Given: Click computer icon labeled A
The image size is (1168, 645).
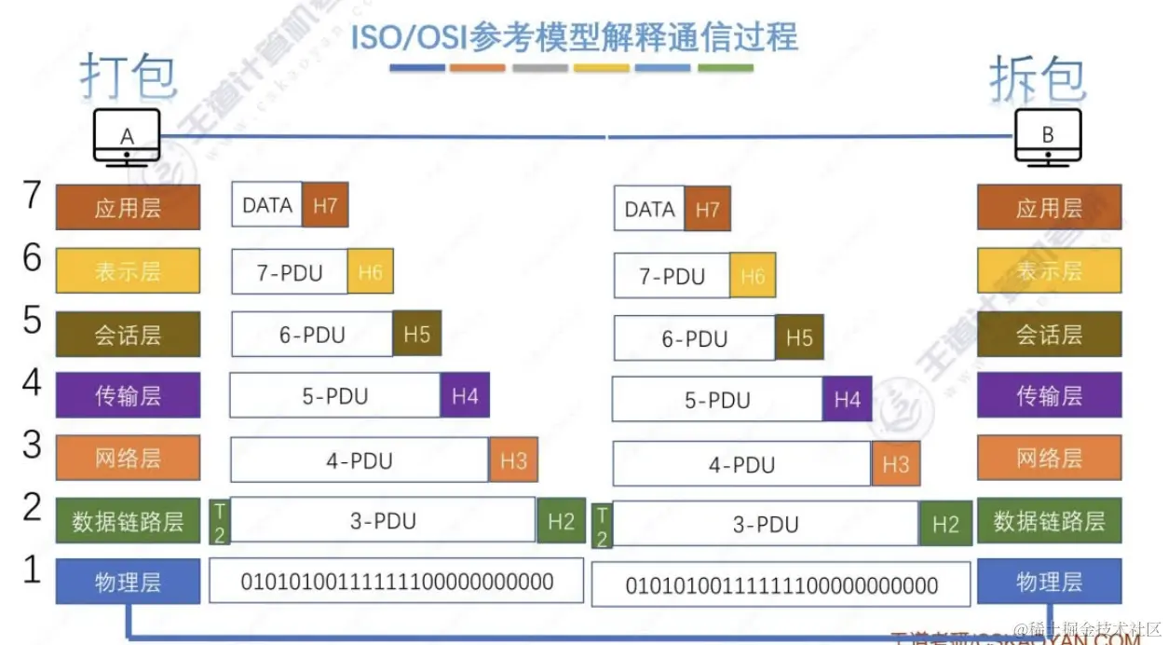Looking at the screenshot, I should tap(128, 137).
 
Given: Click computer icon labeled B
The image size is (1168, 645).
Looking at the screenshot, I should tap(1048, 137).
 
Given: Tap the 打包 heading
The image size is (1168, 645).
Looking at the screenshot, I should tap(128, 75).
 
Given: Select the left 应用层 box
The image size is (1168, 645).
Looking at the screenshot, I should tap(128, 207).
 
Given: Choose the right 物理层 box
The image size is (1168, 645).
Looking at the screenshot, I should tap(1049, 583).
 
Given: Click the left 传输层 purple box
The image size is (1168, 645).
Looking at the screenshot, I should tap(128, 395).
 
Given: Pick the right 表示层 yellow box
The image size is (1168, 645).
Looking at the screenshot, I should tap(1049, 271).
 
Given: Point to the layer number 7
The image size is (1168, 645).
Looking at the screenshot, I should tap(33, 196).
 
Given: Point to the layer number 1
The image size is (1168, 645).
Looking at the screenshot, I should tap(33, 570).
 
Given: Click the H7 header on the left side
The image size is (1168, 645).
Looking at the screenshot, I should tap(325, 205).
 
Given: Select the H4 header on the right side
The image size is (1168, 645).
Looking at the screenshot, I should tap(848, 400).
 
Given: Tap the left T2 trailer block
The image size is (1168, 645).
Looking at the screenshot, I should tap(219, 521).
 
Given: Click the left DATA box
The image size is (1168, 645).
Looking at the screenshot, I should tap(267, 205).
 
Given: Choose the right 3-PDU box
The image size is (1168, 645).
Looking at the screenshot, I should tap(766, 525).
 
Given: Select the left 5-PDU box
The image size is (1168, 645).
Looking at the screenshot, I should tap(334, 396).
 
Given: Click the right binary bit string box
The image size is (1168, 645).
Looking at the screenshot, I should tap(781, 585).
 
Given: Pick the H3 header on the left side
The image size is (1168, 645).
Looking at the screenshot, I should tap(513, 460).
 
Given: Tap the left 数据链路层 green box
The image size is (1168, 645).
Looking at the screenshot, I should tap(128, 521).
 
